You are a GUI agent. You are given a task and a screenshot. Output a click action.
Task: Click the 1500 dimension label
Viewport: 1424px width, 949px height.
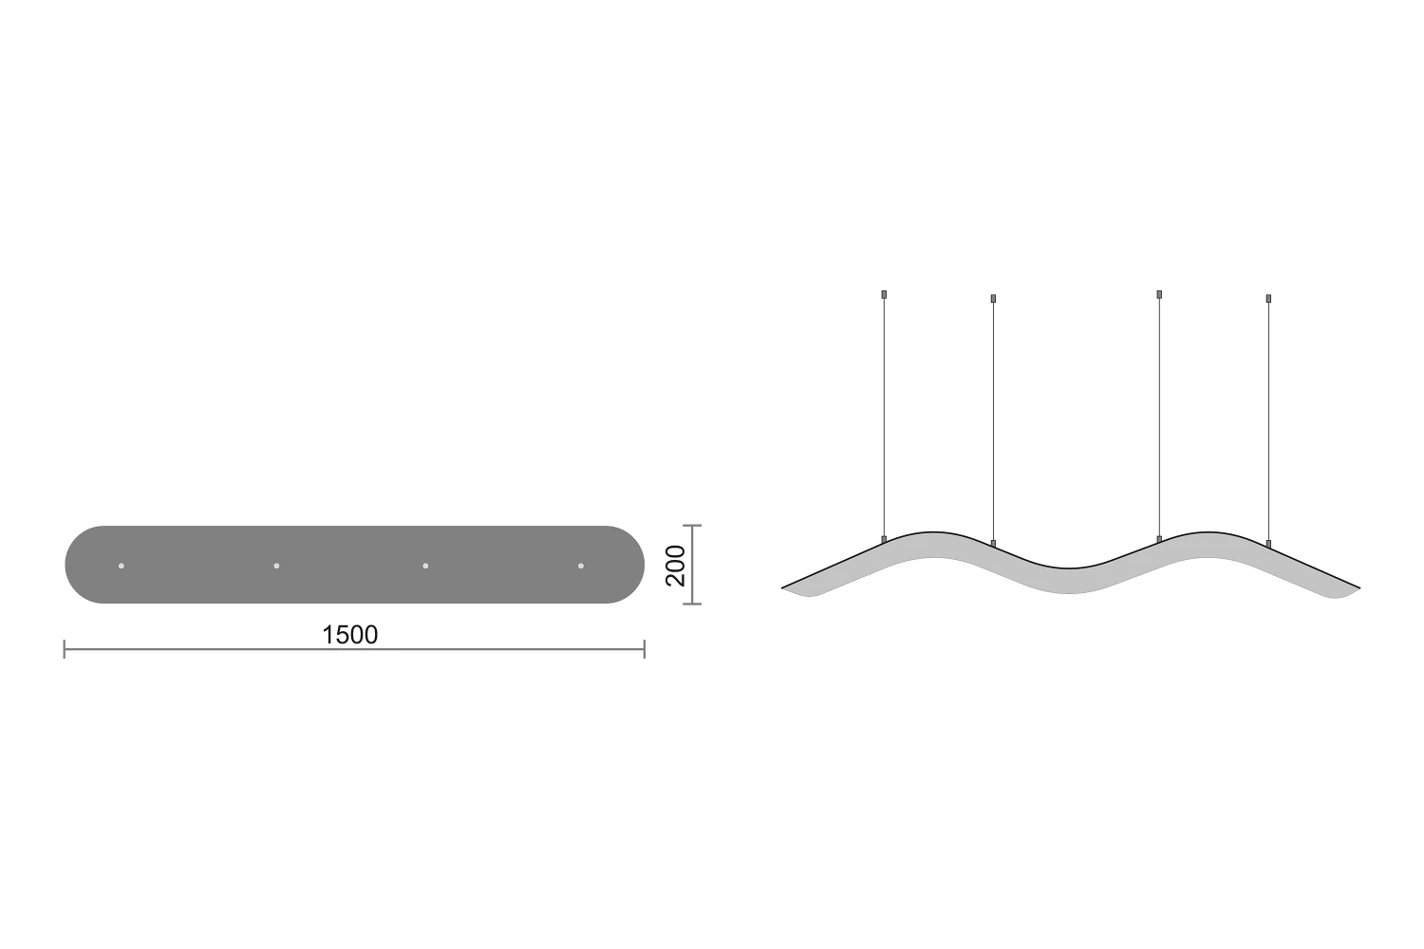tap(349, 634)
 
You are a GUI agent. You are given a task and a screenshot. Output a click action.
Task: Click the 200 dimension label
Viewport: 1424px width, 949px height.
tap(675, 565)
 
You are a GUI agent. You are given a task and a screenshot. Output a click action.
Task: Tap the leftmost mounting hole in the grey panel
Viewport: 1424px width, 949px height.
tap(122, 566)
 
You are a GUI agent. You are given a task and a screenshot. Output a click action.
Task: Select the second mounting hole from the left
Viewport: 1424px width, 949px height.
tap(276, 566)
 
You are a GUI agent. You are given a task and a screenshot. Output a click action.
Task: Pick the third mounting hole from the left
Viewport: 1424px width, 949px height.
tap(425, 566)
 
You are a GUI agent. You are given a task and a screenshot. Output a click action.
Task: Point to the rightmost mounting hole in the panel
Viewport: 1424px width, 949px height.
tap(580, 566)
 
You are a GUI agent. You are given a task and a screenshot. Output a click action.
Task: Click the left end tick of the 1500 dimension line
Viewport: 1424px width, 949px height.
tap(65, 649)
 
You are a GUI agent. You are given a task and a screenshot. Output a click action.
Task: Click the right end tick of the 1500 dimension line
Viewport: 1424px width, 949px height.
tap(645, 649)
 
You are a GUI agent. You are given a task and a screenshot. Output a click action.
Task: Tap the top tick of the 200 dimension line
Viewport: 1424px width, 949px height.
tap(692, 526)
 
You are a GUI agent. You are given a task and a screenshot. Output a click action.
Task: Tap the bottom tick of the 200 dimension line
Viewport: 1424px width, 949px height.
tap(692, 604)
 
